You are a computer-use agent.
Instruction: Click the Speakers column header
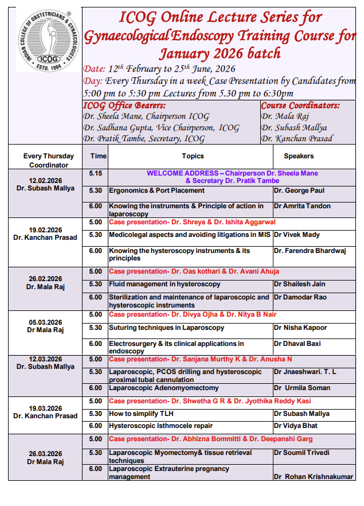click(x=299, y=156)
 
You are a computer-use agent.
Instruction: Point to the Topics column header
click(x=193, y=156)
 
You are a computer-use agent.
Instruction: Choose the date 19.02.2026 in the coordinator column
click(x=45, y=228)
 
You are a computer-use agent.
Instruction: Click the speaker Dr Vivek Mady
click(x=297, y=235)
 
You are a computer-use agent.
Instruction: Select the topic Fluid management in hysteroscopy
click(x=165, y=284)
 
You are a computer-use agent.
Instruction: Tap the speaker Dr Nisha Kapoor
click(x=300, y=328)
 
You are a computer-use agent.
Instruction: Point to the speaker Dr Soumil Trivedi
click(x=302, y=453)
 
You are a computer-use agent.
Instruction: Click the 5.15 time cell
click(x=96, y=173)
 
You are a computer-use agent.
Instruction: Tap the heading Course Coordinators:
click(x=300, y=106)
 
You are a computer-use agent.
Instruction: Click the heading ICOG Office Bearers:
click(x=124, y=106)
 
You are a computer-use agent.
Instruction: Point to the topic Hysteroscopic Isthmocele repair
click(x=161, y=426)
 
